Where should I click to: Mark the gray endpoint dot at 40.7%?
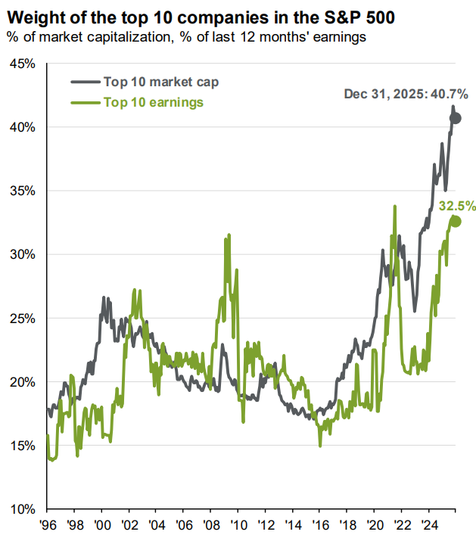(x=456, y=118)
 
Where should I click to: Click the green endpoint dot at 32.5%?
(x=456, y=222)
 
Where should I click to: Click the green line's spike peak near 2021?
(x=395, y=206)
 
